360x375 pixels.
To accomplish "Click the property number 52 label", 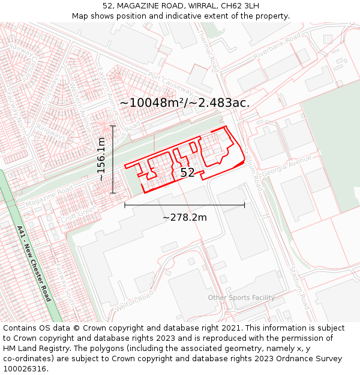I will point(187,173).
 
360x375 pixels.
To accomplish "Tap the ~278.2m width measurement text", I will point(184,217).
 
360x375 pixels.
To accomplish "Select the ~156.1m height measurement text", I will point(101,159).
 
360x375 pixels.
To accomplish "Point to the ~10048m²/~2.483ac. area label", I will point(184,103).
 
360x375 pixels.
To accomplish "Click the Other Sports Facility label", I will point(241,298).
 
